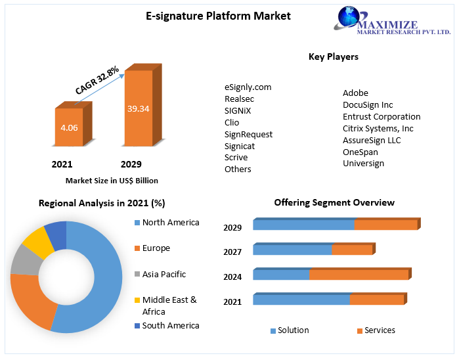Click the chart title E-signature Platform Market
point(218,15)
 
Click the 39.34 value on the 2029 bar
point(138,108)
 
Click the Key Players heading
point(334,56)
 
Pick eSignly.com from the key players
point(248,87)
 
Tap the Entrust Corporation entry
point(382,116)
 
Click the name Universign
point(363,163)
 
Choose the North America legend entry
point(170,222)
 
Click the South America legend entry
point(170,325)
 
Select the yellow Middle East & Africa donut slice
point(38,241)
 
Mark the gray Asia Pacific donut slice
point(25,259)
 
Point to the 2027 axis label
point(232,252)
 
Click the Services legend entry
point(380,330)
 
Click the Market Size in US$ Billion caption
point(112,180)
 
